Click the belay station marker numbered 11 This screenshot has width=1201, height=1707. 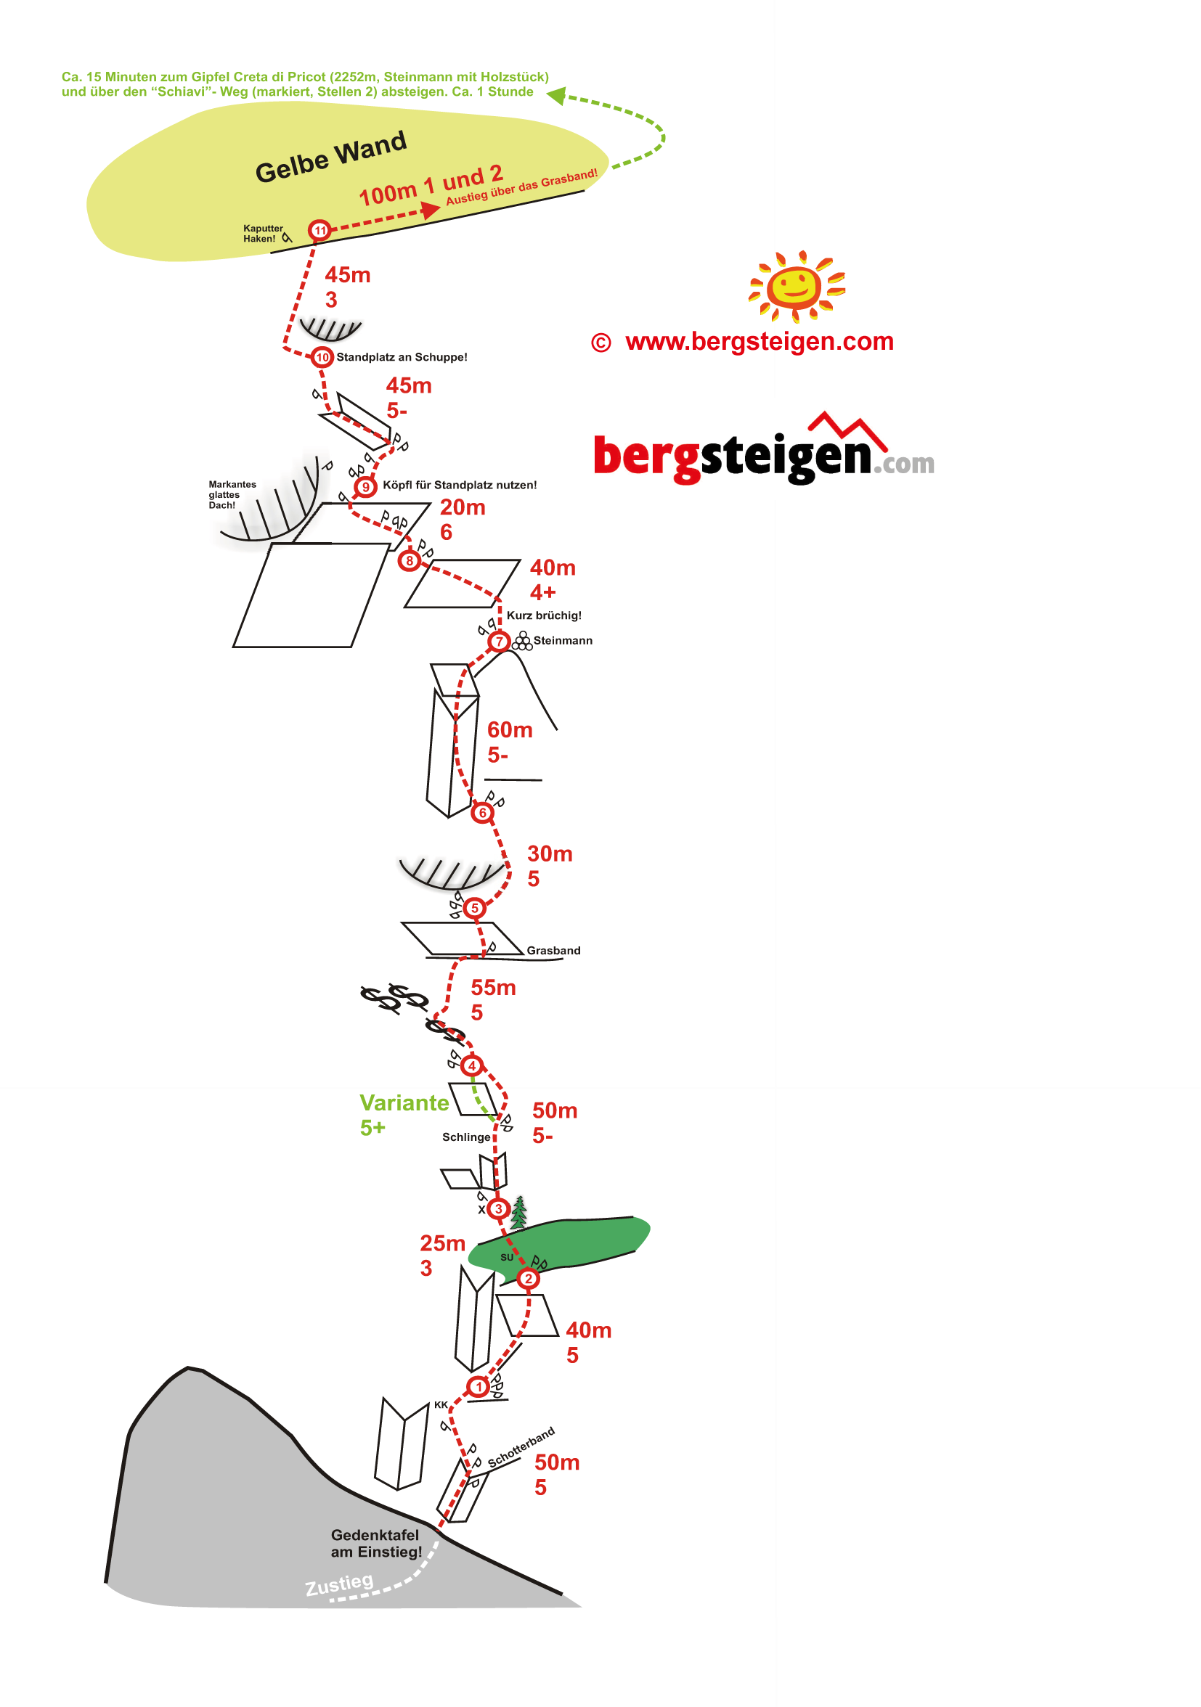coord(319,231)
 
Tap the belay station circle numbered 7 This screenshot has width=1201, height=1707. coord(499,641)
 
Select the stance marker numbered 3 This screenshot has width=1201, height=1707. coord(498,1208)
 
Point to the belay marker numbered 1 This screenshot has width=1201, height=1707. coord(479,1385)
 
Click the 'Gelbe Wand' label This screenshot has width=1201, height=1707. coord(331,157)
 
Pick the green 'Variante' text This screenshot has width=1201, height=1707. coord(404,1102)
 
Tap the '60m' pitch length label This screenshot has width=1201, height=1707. coord(510,730)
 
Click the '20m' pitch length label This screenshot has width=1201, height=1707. coord(463,507)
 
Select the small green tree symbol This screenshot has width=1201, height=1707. coord(519,1211)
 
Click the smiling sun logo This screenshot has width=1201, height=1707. coord(797,286)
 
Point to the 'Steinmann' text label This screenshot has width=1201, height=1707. coord(563,641)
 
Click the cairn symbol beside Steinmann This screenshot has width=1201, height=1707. coord(523,641)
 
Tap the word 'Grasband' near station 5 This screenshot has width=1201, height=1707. coord(553,950)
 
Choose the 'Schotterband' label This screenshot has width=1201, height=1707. coord(521,1446)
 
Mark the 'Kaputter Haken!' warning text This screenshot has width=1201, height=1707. coord(263,234)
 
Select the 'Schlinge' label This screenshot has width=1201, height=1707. coord(466,1137)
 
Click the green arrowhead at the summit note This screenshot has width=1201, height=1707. coord(557,95)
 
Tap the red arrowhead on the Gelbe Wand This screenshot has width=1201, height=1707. coord(431,210)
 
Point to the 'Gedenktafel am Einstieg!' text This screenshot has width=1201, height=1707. coord(376,1543)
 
